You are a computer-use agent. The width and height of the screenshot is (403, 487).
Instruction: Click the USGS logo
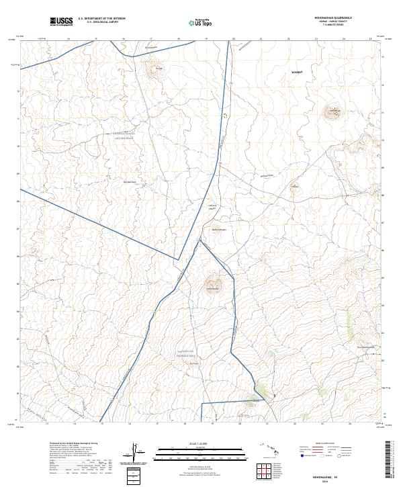point(61,22)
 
